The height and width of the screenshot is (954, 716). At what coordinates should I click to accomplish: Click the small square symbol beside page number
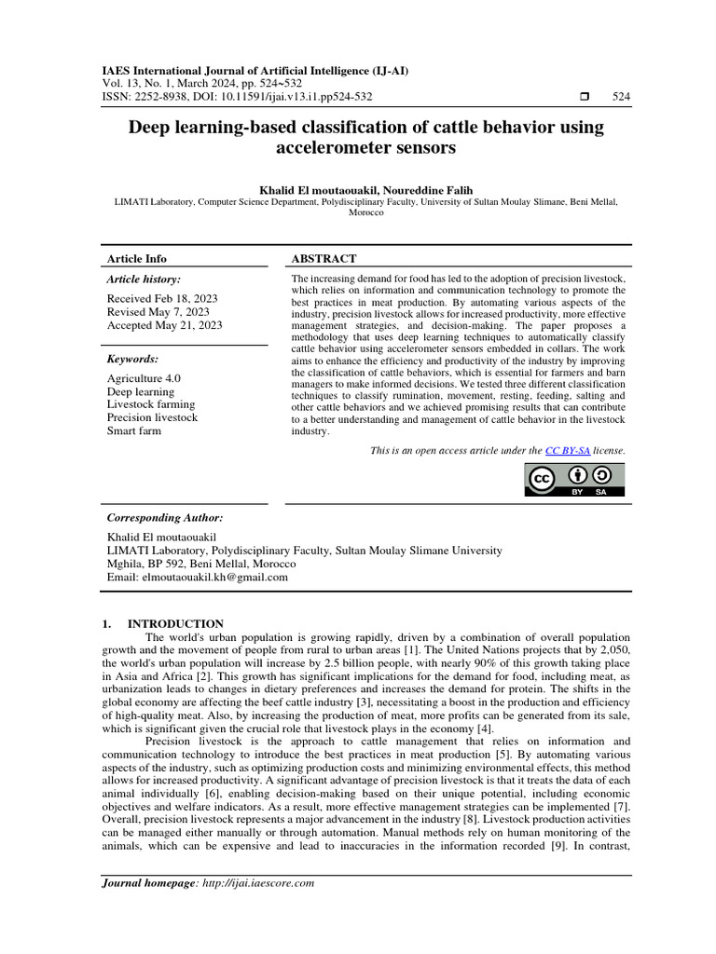pyautogui.click(x=585, y=97)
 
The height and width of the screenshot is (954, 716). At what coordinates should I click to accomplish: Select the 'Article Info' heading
pyautogui.click(x=137, y=258)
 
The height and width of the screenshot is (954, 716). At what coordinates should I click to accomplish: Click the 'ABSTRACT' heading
pyautogui.click(x=324, y=258)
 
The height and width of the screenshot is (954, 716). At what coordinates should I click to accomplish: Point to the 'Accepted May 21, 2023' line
pyautogui.click(x=164, y=325)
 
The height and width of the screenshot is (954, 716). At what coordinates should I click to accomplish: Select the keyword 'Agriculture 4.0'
pyautogui.click(x=144, y=378)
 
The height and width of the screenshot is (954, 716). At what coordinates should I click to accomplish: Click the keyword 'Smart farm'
pyautogui.click(x=134, y=430)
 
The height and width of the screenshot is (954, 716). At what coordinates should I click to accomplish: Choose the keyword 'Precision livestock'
pyautogui.click(x=153, y=417)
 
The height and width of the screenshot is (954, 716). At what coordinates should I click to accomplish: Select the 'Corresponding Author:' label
pyautogui.click(x=165, y=517)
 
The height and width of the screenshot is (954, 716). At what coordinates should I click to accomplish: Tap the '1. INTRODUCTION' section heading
pyautogui.click(x=161, y=623)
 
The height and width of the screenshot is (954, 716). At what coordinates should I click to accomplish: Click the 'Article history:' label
pyautogui.click(x=144, y=279)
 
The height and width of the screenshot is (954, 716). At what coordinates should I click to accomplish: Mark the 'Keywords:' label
pyautogui.click(x=132, y=359)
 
